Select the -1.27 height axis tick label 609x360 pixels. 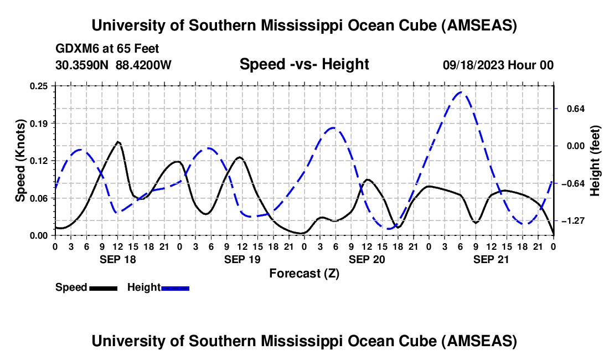(574, 221)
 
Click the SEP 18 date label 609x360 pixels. (117, 259)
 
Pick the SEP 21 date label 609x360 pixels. (492, 259)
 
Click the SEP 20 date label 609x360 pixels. (367, 259)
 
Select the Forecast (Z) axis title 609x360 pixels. (304, 273)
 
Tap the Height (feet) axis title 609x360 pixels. (595, 161)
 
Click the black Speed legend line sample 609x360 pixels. (102, 288)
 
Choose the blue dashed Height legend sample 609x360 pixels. (175, 288)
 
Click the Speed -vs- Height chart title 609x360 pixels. (304, 64)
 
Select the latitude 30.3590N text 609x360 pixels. (82, 65)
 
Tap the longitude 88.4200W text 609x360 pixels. (143, 65)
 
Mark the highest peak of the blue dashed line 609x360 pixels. (462, 92)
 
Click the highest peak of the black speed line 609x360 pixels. (118, 142)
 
